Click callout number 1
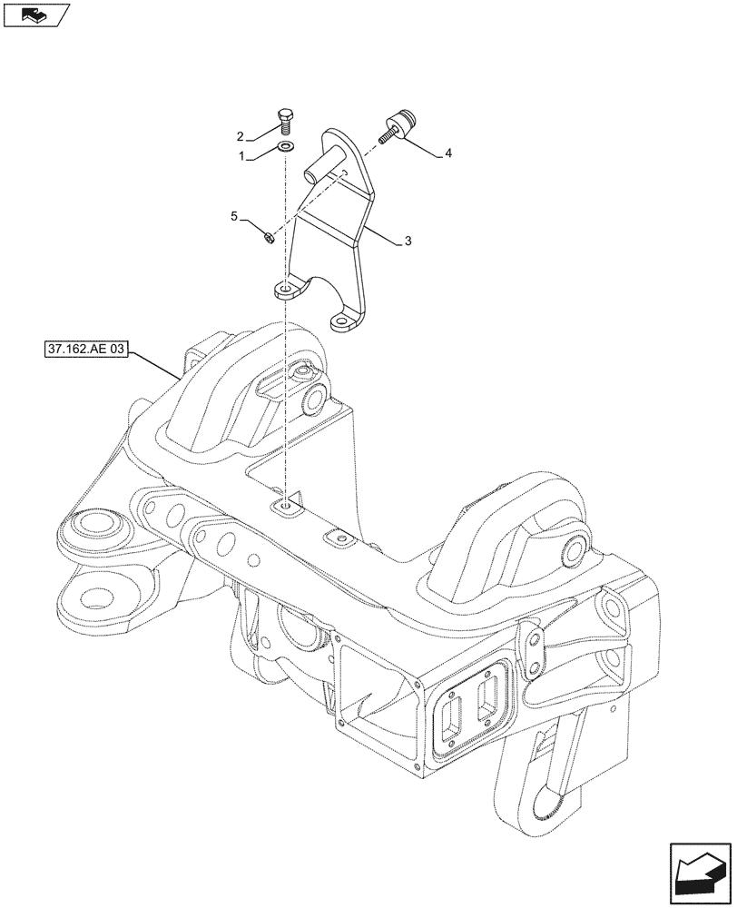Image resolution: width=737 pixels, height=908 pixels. point(241,156)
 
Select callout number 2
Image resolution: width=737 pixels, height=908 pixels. point(241,137)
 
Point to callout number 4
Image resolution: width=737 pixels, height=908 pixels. point(448,155)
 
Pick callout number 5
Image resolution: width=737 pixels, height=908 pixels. point(233,216)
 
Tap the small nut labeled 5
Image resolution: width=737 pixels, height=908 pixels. point(269,238)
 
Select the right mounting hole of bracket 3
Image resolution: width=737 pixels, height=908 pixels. point(343,321)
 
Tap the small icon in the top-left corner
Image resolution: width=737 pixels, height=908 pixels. point(34,15)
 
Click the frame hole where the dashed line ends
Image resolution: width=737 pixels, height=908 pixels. point(287,505)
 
